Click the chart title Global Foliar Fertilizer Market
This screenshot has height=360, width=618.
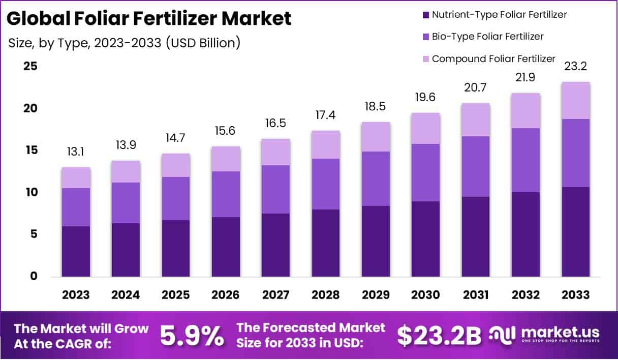[x=149, y=19]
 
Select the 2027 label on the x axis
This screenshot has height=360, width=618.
[x=276, y=295]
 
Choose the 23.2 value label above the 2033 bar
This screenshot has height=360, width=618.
[x=576, y=67]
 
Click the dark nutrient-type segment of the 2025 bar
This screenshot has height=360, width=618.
[x=176, y=248]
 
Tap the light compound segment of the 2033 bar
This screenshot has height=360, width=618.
[x=576, y=100]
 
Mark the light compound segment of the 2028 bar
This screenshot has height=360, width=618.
[x=326, y=144]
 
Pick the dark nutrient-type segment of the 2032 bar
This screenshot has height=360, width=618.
[x=526, y=234]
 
